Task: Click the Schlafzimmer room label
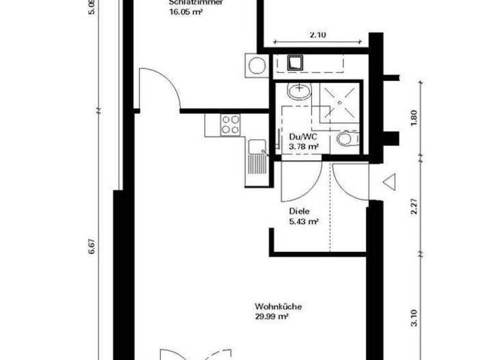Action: coord(196,3)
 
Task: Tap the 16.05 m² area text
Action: coord(186,12)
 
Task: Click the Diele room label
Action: coord(298,211)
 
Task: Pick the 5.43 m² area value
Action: coord(304,222)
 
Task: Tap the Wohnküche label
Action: coord(278,306)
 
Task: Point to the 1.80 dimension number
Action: coord(414,118)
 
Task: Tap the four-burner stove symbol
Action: coord(230,124)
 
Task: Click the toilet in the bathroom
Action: coord(347,138)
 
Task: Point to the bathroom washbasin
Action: coord(298,92)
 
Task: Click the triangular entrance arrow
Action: coord(389,183)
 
